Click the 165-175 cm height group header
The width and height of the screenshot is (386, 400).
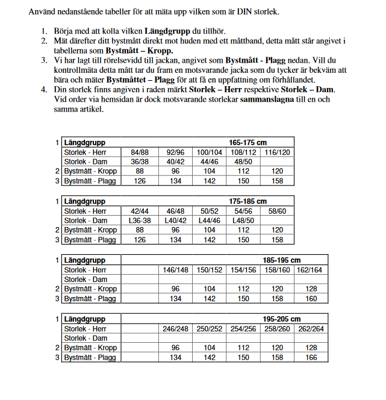click(247, 143)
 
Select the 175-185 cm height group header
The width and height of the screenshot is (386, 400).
click(247, 201)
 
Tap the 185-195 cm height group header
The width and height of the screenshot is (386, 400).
click(281, 260)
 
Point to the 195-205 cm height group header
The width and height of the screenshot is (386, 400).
click(281, 319)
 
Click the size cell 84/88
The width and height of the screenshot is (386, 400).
click(140, 152)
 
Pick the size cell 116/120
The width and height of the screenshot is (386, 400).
click(277, 152)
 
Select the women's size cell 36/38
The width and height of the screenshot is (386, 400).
click(140, 162)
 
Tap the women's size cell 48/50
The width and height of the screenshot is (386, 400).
click(243, 162)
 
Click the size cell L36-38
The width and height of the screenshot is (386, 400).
click(140, 220)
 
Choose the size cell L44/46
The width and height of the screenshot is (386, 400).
click(209, 220)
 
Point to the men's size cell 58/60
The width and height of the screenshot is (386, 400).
click(277, 211)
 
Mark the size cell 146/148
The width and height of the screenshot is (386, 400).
click(175, 270)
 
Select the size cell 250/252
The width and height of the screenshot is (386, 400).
click(209, 328)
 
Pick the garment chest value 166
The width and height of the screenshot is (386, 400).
click(311, 357)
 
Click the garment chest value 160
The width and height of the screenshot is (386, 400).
click(311, 299)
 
